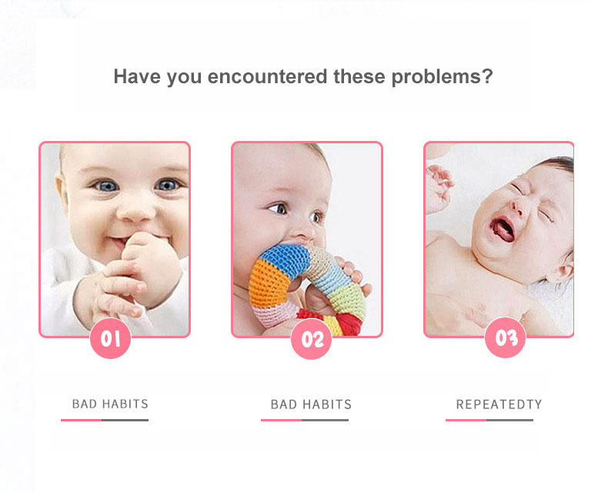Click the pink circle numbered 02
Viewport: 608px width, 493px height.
pos(311,339)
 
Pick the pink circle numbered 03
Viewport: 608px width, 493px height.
pos(505,339)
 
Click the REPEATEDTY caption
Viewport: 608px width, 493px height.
pos(499,404)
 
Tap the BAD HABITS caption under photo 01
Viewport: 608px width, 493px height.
pos(110,404)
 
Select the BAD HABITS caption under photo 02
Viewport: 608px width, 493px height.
pos(311,404)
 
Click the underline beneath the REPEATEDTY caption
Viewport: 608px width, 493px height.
pos(489,420)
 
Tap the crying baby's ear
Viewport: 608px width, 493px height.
pos(565,266)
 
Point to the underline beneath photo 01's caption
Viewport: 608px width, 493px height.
pos(105,420)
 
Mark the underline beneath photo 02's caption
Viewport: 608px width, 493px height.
pos(305,420)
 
